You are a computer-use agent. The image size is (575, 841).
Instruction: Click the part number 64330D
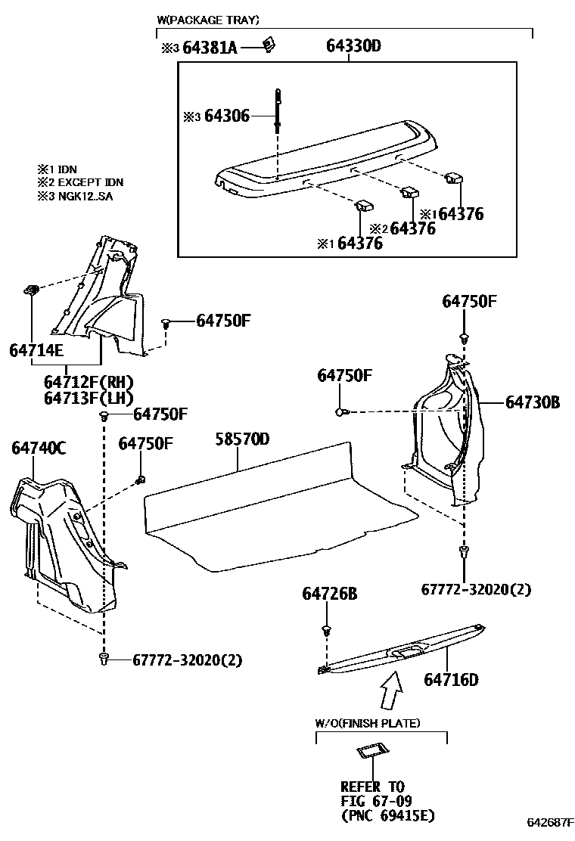pyautogui.click(x=353, y=47)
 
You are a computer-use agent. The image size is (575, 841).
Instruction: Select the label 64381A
pyautogui.click(x=210, y=48)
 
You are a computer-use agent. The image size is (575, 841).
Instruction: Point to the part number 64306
pyautogui.click(x=227, y=116)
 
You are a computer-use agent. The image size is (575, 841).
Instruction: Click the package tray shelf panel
pyautogui.click(x=325, y=155)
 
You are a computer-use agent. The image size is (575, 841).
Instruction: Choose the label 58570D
pyautogui.click(x=242, y=439)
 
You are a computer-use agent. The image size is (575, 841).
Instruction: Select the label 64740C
pyautogui.click(x=39, y=449)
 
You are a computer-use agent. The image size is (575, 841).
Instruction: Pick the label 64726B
pyautogui.click(x=329, y=594)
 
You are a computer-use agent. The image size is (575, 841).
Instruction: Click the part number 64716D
pyautogui.click(x=451, y=679)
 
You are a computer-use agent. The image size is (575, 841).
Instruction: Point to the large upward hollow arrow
pyautogui.click(x=392, y=688)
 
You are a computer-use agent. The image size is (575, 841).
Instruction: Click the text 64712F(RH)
pyautogui.click(x=88, y=382)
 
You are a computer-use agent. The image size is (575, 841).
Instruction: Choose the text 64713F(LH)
pyautogui.click(x=88, y=398)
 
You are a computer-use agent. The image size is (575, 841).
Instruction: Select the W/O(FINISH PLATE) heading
pyautogui.click(x=367, y=724)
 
